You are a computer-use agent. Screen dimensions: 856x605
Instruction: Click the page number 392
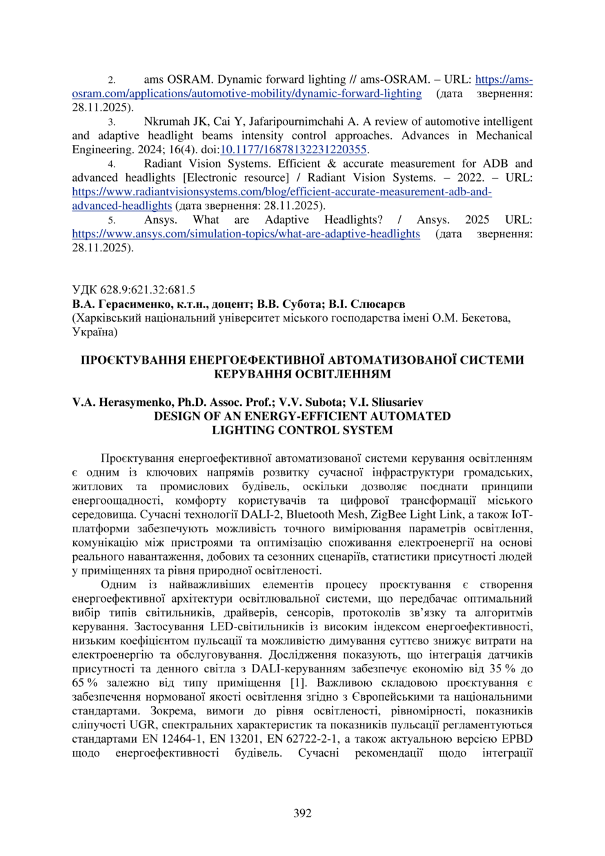[x=302, y=813]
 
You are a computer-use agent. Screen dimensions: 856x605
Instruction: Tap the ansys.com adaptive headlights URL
[x=246, y=233]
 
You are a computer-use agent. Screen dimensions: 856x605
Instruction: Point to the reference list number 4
[x=111, y=164]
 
